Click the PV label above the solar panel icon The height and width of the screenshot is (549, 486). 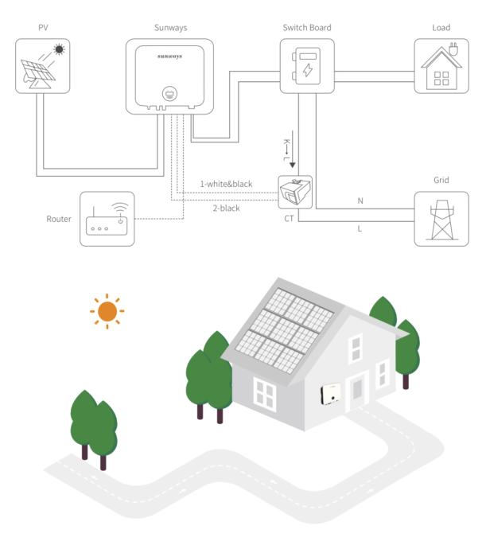coord(43,28)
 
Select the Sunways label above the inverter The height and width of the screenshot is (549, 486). coord(170,28)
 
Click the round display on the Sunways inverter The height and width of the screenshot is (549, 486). coord(169,93)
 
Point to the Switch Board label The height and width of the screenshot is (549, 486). coord(307,28)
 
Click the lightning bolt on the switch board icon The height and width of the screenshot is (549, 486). coord(308,70)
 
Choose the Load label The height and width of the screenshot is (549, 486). coord(441,28)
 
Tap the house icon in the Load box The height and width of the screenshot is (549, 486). coord(441,67)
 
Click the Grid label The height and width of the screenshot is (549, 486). coord(441,181)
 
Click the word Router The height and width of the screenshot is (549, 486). coord(60,219)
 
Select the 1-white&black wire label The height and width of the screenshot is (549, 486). coord(226,185)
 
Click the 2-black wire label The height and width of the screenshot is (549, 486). coord(226,208)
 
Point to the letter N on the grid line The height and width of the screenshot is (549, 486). coord(360,201)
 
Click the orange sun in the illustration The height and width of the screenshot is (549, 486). coord(107,311)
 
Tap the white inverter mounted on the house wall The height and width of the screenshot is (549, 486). coord(330,392)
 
